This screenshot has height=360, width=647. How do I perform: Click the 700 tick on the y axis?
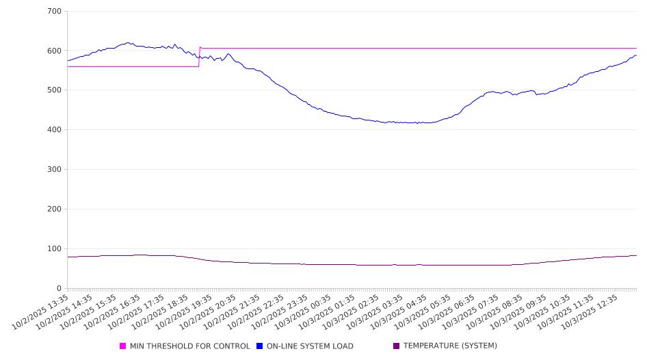click(x=55, y=12)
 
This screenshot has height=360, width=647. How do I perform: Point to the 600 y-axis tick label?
click(x=55, y=51)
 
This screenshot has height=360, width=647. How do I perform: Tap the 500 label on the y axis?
click(x=55, y=90)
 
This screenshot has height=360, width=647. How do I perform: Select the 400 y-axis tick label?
click(x=55, y=130)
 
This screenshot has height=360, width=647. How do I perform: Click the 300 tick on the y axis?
click(x=55, y=170)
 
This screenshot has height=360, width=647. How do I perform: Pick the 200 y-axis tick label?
click(x=55, y=209)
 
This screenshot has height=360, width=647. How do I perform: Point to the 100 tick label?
click(x=55, y=249)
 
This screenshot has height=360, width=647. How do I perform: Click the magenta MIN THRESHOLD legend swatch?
click(x=123, y=346)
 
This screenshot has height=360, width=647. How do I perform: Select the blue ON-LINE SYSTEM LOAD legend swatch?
click(x=259, y=346)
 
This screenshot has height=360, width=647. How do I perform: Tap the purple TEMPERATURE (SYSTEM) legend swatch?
click(x=396, y=346)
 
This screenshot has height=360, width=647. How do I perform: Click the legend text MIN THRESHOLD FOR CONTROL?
click(x=189, y=346)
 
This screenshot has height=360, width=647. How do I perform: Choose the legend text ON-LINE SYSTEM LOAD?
click(x=310, y=346)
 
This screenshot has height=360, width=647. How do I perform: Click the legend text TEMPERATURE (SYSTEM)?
click(x=450, y=346)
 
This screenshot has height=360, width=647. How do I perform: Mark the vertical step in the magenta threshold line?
click(x=199, y=57)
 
